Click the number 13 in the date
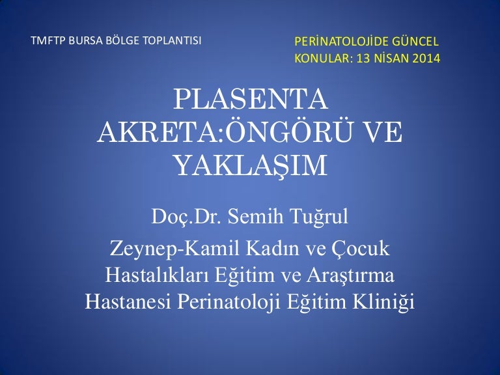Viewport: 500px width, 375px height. [363, 59]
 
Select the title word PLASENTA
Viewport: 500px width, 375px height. [251, 99]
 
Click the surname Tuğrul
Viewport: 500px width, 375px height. [319, 217]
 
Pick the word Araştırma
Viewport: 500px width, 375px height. [350, 275]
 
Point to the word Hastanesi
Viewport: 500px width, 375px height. [128, 301]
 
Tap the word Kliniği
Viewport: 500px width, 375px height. [383, 302]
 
